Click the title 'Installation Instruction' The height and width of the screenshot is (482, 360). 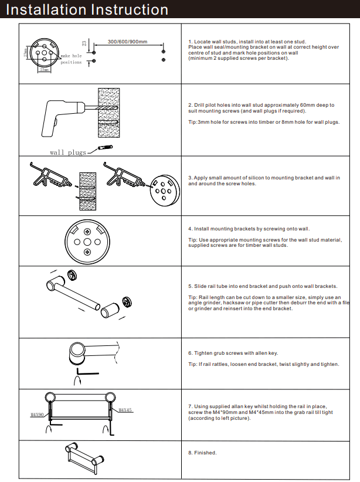tap(87, 10)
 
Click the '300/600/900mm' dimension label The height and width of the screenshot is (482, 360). tap(127, 42)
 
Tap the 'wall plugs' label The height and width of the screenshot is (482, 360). tap(68, 152)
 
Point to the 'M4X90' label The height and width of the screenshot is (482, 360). tap(38, 415)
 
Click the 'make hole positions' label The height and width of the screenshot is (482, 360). tap(72, 59)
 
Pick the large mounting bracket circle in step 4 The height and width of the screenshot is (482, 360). tap(86, 241)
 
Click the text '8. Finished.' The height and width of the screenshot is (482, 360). tap(202, 453)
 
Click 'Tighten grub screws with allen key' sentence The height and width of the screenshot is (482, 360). tap(233, 353)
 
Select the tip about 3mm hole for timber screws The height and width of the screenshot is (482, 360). tap(264, 122)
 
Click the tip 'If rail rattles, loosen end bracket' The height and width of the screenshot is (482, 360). tap(263, 364)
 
